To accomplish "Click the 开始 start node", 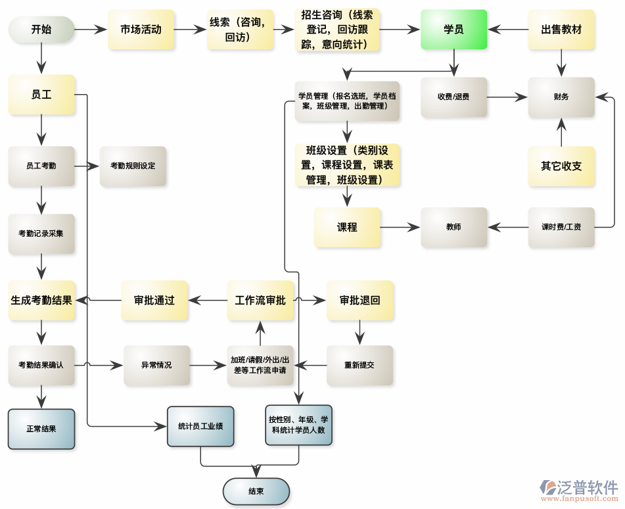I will [41, 30].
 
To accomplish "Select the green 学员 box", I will [453, 30].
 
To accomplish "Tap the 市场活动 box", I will [141, 30].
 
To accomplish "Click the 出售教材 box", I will [561, 30].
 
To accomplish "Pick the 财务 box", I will [561, 97].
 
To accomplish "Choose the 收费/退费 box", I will [453, 97].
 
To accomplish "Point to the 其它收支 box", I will [561, 166].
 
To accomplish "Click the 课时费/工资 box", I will [561, 228].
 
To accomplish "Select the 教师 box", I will [453, 228].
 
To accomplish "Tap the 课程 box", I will [347, 228].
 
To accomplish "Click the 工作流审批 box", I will [260, 301].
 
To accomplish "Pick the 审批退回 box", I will [360, 301].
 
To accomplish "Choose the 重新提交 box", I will [359, 365].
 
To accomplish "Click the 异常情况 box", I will [156, 365].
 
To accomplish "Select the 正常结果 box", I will [41, 429].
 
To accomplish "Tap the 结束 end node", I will [256, 491].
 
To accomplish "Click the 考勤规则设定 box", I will [133, 166].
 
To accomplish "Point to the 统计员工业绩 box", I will [200, 426].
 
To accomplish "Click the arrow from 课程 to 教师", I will [400, 228].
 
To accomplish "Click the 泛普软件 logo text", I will [588, 487].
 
